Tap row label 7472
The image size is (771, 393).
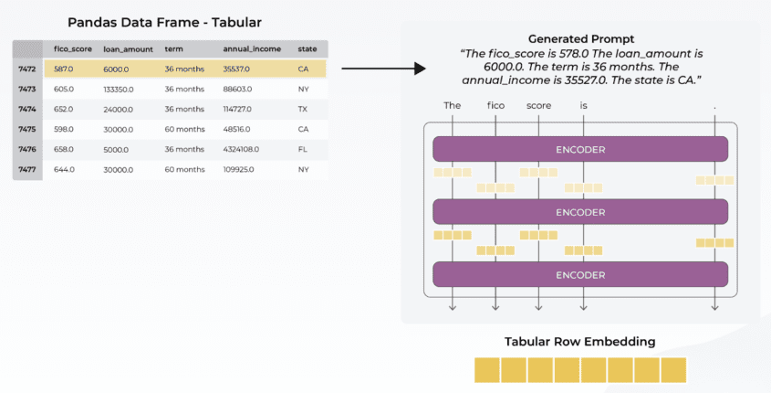click(x=26, y=69)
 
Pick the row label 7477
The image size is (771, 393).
click(x=26, y=169)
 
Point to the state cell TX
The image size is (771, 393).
click(x=303, y=109)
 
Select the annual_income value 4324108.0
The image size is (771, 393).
click(x=244, y=149)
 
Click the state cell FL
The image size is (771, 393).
click(x=303, y=149)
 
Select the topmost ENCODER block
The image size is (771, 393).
click(x=579, y=149)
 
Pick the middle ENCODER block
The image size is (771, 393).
click(x=579, y=212)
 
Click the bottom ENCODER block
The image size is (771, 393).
click(x=579, y=274)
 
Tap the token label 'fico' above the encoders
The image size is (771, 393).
click(x=495, y=105)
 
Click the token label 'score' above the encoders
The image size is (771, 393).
click(x=539, y=105)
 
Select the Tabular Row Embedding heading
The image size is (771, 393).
click(x=579, y=342)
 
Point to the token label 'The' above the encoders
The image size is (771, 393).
click(x=453, y=105)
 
